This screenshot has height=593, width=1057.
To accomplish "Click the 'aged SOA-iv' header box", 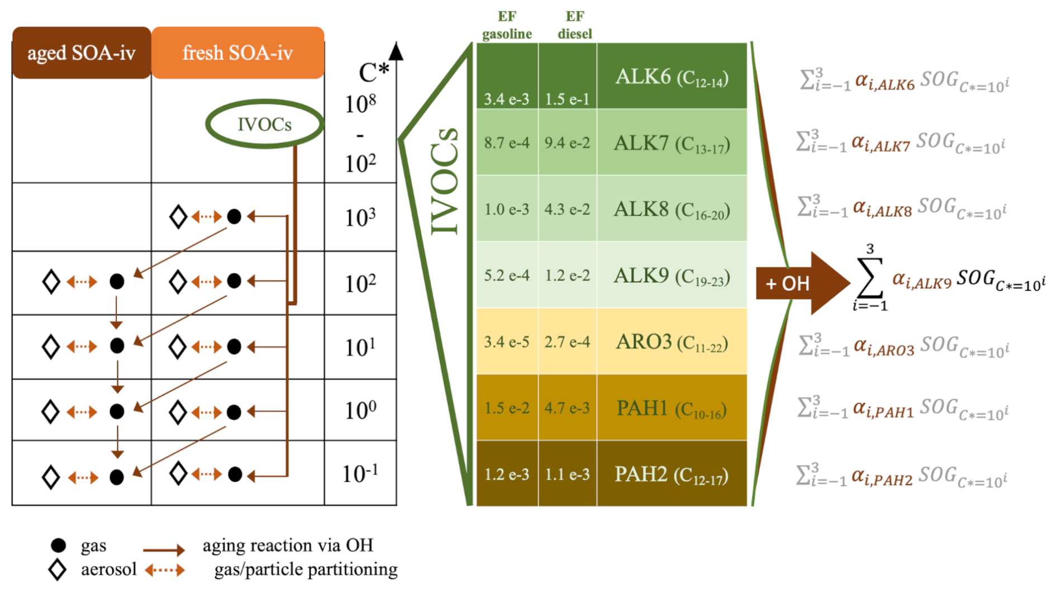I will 82,53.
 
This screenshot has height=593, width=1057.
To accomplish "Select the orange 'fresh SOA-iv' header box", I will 237,53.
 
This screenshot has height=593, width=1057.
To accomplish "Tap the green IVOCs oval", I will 264,124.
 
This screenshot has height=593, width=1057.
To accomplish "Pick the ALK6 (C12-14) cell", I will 672,77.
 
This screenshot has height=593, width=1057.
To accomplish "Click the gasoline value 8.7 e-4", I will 507,143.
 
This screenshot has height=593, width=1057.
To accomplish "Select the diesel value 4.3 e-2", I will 567,209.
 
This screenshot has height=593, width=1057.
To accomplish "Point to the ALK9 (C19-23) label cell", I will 672,276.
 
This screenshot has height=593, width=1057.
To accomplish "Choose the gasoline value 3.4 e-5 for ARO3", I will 507,341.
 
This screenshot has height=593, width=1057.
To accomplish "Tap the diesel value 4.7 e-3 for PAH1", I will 567,408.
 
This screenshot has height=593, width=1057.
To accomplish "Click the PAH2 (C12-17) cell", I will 672,475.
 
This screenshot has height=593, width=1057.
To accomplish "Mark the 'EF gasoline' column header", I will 507,26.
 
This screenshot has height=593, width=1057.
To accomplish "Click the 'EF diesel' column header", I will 574,26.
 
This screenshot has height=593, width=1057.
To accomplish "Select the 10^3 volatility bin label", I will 360,217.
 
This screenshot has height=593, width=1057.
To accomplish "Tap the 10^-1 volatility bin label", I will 360,474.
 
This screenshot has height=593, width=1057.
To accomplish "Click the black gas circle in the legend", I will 58,545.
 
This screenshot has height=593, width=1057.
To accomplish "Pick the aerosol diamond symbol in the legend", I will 57,570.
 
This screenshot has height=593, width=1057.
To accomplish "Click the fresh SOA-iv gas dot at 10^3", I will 234,216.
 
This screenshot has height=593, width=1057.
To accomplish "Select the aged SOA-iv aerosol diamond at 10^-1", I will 51,477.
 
